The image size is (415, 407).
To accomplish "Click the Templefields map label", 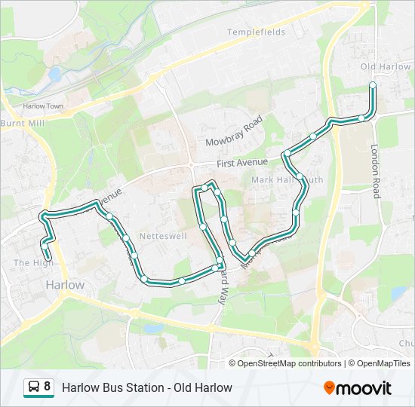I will click(x=257, y=33).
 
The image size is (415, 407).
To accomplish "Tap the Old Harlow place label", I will click(x=386, y=67).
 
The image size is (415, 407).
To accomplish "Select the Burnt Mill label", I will click(x=22, y=123).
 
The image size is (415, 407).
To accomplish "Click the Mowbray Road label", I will click(x=233, y=132).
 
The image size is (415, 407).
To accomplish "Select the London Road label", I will click(x=375, y=171).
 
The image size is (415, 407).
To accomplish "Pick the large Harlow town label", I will click(x=65, y=285).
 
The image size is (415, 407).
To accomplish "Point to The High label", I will click(x=29, y=262).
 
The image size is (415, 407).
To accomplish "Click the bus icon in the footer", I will click(x=34, y=387).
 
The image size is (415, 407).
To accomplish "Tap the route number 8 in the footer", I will click(x=48, y=387).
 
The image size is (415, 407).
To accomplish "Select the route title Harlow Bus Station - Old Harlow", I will click(x=147, y=388).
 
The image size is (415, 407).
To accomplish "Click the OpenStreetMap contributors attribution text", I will click(x=289, y=363).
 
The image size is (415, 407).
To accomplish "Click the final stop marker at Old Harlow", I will click(x=373, y=85).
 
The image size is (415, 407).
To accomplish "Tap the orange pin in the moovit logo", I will click(x=330, y=388).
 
